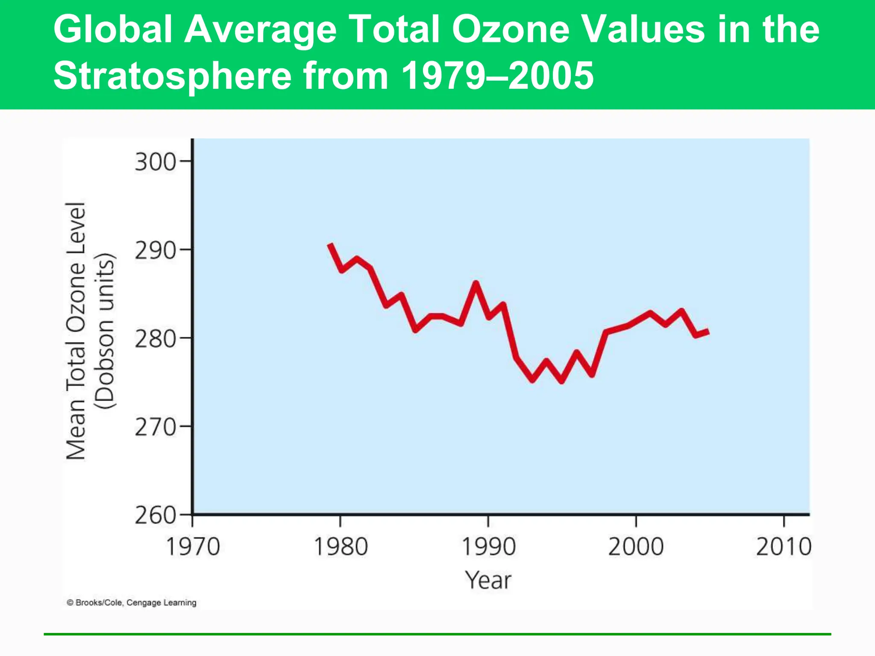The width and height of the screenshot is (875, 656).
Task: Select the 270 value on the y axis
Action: point(155,427)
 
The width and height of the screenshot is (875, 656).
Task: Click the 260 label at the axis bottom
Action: point(155,515)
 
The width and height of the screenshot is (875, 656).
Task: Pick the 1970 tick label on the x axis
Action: point(192,547)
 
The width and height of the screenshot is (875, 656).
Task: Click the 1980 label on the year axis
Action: point(341,547)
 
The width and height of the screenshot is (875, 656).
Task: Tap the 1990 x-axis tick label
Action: point(488,547)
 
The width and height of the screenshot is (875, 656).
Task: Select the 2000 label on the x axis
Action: point(636,547)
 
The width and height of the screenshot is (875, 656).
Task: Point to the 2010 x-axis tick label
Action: point(784,547)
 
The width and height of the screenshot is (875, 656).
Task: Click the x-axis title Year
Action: point(488,580)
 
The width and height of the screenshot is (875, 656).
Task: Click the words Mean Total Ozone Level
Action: point(76,331)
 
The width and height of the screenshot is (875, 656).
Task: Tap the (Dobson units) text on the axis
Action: point(105,331)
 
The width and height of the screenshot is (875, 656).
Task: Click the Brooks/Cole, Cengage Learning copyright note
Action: point(132,603)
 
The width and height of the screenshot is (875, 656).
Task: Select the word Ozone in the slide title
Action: point(510,29)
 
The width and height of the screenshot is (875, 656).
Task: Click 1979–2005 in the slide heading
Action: point(497,76)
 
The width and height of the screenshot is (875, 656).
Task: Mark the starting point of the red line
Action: point(330,244)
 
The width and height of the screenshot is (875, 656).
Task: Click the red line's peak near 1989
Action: point(476,283)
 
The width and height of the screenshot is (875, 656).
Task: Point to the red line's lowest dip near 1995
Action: point(562,381)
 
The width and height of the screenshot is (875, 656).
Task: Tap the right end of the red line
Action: point(708,331)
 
